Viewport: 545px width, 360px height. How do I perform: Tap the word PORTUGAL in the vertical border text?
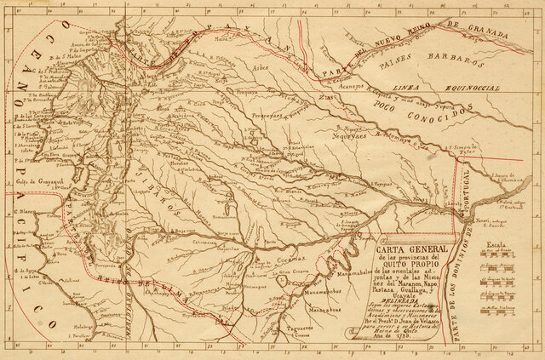(x=471, y=204)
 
